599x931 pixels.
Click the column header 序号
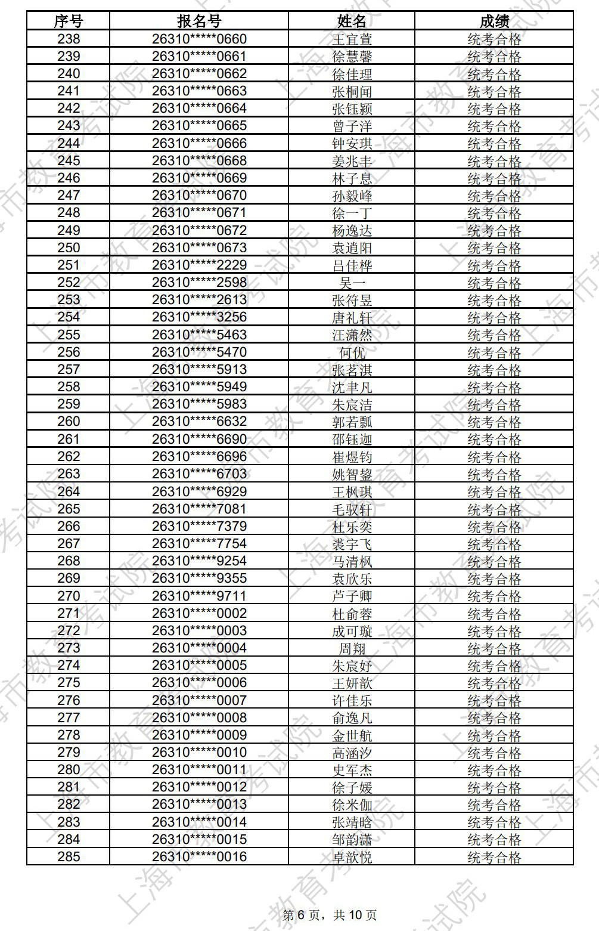pos(69,21)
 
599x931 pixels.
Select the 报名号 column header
pos(199,21)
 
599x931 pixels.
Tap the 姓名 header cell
pos(352,21)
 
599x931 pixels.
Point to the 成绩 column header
pos(494,21)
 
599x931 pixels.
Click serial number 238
pos(69,39)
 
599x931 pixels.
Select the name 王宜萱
pos(352,40)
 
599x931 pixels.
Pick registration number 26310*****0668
pos(199,161)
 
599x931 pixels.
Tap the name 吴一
pos(352,283)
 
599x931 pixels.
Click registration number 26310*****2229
pos(199,265)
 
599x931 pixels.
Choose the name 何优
pos(352,352)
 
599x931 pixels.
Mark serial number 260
pos(69,422)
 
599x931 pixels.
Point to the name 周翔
pos(352,648)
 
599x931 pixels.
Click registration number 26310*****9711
pos(199,596)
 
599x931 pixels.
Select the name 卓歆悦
pos(352,857)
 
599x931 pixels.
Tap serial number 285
pos(69,857)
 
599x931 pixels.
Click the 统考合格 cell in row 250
pos(494,248)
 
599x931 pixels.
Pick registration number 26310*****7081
pos(199,509)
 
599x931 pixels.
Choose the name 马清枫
pos(352,561)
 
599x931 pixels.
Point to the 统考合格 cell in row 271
pos(494,614)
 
